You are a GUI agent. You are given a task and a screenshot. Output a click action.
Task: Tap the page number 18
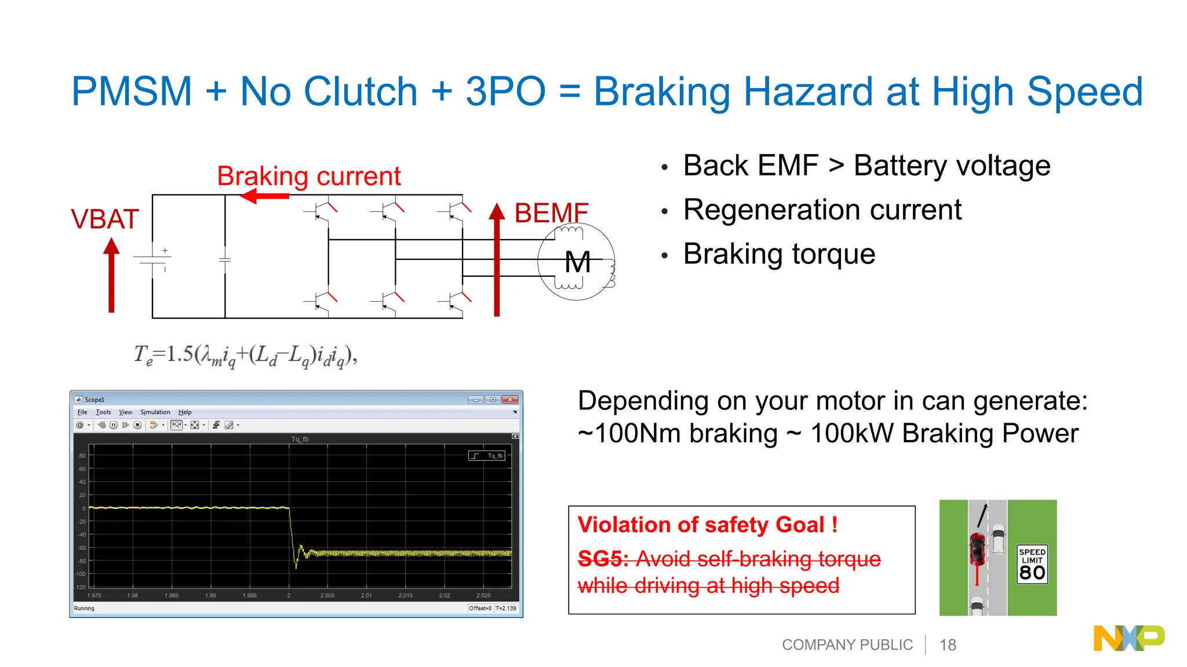pos(948,645)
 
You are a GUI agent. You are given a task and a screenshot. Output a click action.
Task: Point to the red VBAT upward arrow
pos(111,275)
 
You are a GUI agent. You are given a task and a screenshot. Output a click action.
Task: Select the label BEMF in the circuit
pos(551,213)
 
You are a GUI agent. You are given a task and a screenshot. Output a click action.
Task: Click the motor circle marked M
pos(576,262)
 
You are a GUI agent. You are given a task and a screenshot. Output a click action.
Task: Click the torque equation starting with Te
pos(246,355)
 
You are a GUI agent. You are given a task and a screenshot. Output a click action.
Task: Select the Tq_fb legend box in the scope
pos(487,456)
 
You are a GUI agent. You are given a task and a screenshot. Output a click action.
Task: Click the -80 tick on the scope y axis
pos(82,561)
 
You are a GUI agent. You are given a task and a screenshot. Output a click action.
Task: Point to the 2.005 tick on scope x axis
pos(327,595)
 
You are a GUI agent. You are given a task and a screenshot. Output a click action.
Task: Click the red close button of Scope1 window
pos(509,400)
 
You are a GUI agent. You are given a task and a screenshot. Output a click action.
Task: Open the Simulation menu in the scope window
pos(155,412)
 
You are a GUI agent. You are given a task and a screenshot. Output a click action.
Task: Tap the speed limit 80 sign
pos(1032,565)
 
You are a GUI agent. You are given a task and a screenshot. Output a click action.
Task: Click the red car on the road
pos(977,549)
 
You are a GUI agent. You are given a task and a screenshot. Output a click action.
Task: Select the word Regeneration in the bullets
pos(770,210)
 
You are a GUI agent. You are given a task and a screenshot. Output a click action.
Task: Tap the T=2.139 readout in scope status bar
pos(505,608)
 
